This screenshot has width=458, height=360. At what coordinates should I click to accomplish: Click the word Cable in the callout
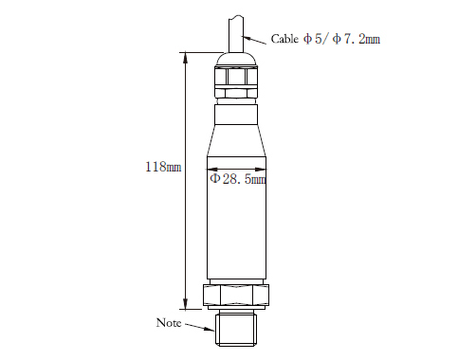click(284, 39)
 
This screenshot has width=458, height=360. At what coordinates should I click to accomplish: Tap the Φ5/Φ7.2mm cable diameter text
click(341, 39)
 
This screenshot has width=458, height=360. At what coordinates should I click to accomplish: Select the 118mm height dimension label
click(163, 167)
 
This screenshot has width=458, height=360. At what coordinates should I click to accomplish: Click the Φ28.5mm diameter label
click(238, 179)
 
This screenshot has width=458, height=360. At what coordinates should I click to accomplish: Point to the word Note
click(169, 323)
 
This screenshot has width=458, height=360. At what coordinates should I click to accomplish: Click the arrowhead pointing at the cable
click(247, 38)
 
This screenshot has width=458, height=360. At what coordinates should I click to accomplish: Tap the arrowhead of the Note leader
click(210, 329)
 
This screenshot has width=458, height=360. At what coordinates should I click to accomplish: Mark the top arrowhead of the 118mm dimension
click(186, 58)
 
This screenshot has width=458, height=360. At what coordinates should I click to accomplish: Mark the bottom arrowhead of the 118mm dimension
click(186, 304)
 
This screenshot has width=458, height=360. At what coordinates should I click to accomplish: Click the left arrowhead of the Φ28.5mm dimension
click(212, 169)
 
